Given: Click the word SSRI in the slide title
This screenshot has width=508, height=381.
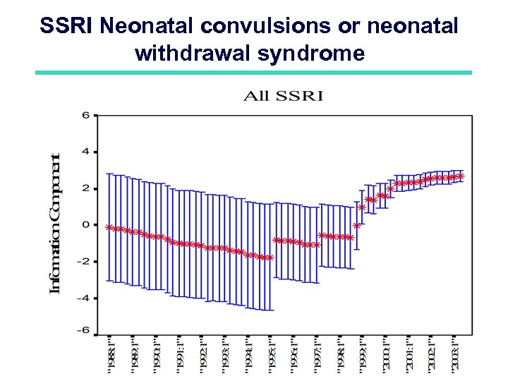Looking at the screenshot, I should point(67,27).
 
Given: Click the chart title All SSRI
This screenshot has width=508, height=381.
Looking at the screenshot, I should point(283,95).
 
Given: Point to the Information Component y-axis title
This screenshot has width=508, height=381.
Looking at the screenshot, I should point(55,223).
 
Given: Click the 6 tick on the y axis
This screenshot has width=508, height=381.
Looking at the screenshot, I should point(85,115).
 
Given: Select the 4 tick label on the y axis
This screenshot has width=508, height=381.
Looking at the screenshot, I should point(85,152).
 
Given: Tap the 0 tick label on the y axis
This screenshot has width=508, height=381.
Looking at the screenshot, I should point(85,225).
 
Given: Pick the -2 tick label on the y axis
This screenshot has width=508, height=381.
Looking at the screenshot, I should point(83,261).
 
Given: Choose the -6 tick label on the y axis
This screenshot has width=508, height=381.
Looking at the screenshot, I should point(83,329).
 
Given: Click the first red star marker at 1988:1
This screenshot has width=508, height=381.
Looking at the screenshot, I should point(108,227).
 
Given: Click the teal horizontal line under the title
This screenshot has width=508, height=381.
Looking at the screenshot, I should point(254,73).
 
